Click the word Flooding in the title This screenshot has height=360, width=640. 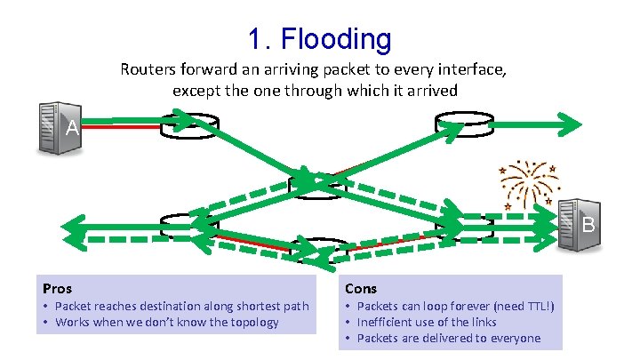coord(339,38)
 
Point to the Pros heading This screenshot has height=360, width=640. coord(58,289)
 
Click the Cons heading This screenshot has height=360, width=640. coord(360,289)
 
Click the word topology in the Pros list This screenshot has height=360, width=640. coord(252,322)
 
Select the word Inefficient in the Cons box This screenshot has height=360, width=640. coord(383,322)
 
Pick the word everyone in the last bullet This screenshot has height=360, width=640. coord(514,338)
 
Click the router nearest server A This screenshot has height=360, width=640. coord(188,127)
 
